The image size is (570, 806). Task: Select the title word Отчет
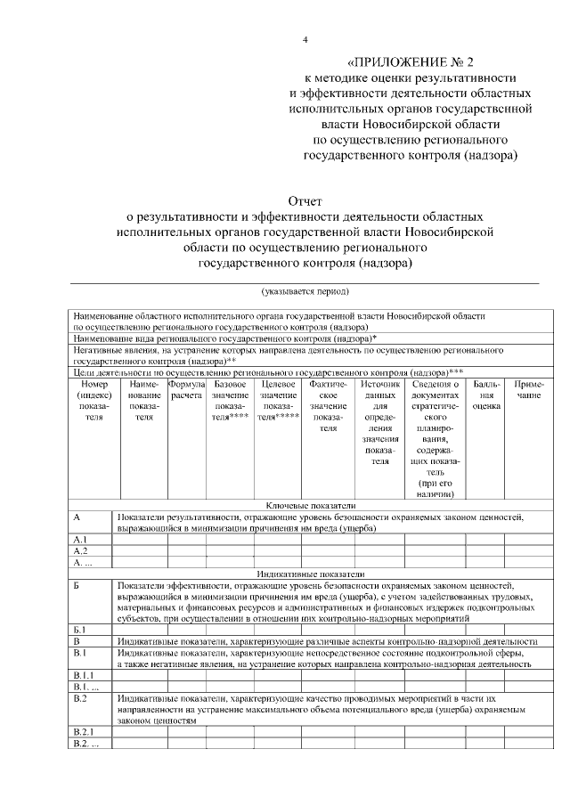(305, 201)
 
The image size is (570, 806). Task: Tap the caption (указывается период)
(305, 291)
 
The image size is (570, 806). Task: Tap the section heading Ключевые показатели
(305, 505)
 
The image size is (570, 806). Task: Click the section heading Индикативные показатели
(305, 574)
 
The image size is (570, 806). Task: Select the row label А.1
(79, 540)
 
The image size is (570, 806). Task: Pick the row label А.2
(79, 551)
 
